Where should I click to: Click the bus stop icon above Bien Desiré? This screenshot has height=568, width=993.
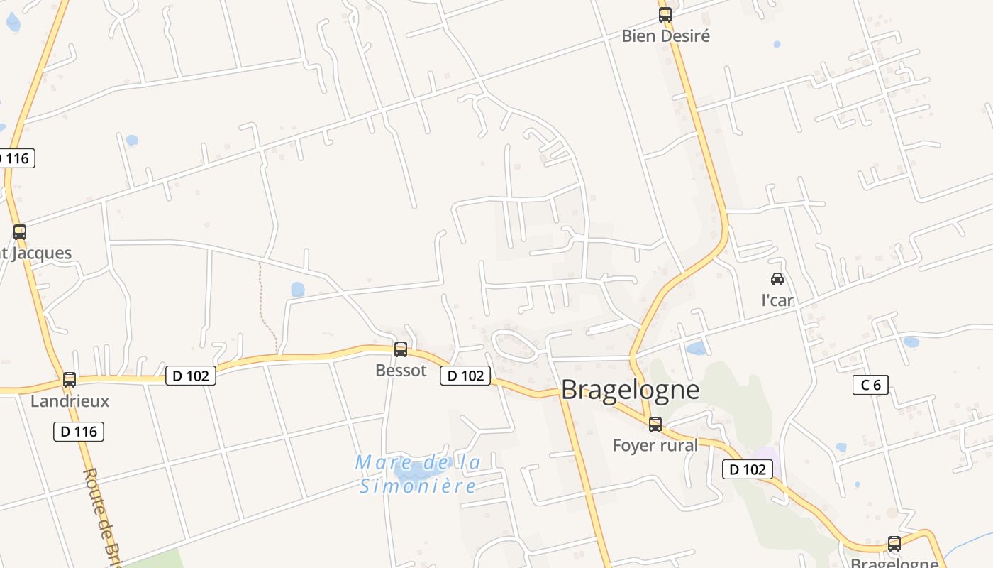point(665,15)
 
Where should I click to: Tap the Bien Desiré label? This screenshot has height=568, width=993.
point(665,35)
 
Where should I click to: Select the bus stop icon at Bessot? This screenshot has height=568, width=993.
point(401,349)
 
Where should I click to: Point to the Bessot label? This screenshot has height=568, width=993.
point(401,370)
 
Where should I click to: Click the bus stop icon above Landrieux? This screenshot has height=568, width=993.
point(69,380)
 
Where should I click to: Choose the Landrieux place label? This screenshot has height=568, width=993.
point(70,400)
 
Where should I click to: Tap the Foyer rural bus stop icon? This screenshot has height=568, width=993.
point(655,425)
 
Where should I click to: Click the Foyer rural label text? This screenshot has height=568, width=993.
point(655,445)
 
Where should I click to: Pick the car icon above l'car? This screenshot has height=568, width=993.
point(777,279)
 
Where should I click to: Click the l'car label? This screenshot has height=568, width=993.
point(777,300)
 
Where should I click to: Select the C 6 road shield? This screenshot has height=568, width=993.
point(870,385)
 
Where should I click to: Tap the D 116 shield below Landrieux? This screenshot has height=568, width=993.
point(79,431)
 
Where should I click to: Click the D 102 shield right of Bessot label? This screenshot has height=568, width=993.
point(465,376)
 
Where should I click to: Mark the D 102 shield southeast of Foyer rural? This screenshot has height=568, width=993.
point(747,469)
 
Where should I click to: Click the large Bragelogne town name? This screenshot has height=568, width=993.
point(630,390)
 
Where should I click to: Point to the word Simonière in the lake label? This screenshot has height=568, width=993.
point(417,486)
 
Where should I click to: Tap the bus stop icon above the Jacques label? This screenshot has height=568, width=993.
point(20,231)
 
